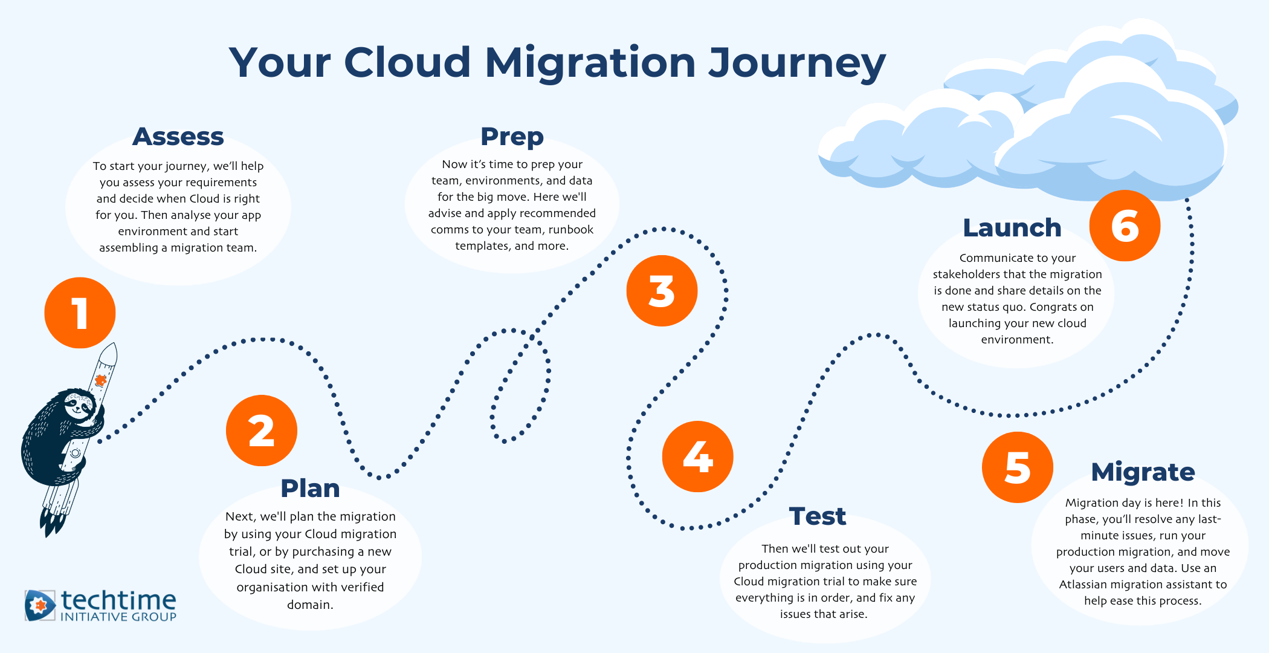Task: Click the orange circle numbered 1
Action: coord(80,313)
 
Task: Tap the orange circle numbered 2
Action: coord(262,430)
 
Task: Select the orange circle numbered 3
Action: coord(662,291)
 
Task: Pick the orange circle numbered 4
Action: coord(698,456)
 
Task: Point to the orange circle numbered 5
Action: coord(1018,467)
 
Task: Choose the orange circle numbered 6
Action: coord(1125,226)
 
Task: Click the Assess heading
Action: coord(178,137)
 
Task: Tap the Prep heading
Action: coord(512,137)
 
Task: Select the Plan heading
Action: coord(310,489)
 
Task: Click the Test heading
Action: coord(818,516)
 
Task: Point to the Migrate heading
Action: coord(1143,472)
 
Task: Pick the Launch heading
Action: coord(1012,228)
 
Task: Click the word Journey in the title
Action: coord(796,63)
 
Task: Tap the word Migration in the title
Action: coord(590,63)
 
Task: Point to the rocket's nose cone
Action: coord(109,354)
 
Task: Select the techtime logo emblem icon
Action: coord(40,605)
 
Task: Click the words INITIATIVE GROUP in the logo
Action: coord(118,617)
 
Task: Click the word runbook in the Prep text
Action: coord(571,230)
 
